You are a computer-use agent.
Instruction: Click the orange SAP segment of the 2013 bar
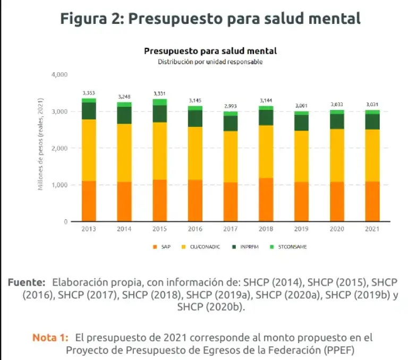coord(89,201)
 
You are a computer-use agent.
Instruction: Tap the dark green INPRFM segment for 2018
coord(266,117)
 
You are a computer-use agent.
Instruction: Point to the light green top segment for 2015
coord(159,102)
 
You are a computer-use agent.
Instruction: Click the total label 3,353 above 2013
coord(89,93)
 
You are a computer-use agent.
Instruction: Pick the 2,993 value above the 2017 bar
coord(231,107)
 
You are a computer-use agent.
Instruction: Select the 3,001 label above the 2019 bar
coord(301,106)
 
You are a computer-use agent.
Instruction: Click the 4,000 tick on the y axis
coord(59,74)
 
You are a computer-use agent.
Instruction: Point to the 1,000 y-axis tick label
coord(59,185)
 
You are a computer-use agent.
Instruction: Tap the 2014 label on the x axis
coord(124,229)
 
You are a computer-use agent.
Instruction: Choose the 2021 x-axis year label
coord(372,229)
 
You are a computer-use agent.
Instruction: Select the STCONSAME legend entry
coord(292,247)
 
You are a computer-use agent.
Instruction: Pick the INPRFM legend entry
coord(248,247)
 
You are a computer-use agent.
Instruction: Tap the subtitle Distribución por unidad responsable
coord(210,62)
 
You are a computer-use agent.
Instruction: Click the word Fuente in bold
coord(27,282)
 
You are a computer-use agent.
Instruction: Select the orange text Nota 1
coord(50,337)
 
